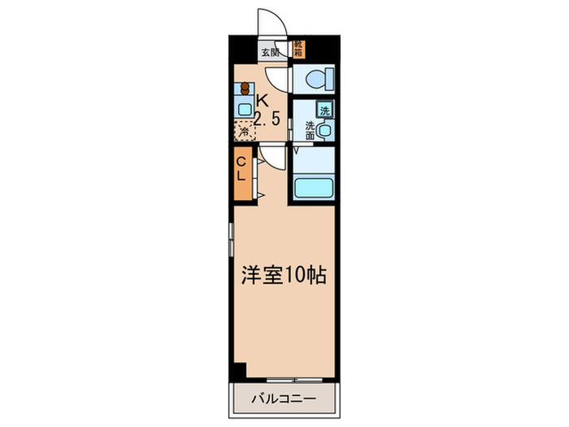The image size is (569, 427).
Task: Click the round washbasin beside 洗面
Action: (325, 130)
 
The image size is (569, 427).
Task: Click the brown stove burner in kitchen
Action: (243, 89)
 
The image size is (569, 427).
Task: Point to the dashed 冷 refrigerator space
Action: (243, 130)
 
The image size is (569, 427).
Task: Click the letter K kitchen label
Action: (262, 101)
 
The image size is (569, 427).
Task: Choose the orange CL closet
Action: (241, 172)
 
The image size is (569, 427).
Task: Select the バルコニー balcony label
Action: (283, 399)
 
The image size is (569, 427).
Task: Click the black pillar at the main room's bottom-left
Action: (237, 370)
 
